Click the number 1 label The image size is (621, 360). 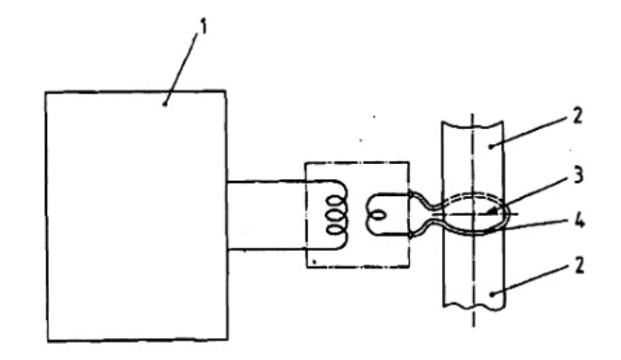pos(204,26)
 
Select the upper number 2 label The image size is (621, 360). pos(578,116)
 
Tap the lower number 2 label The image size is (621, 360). pos(579,266)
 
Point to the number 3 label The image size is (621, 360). pos(579,175)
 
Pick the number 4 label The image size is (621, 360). pos(579,221)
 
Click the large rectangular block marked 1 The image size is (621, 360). pos(137,216)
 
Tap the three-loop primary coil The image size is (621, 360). pos(335,216)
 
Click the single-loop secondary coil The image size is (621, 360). pos(376,216)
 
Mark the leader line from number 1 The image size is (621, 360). pos(181,68)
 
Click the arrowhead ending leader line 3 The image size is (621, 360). pos(492,211)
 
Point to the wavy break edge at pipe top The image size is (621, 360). pos(472,125)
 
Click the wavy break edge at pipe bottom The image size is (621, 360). pos(473,306)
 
